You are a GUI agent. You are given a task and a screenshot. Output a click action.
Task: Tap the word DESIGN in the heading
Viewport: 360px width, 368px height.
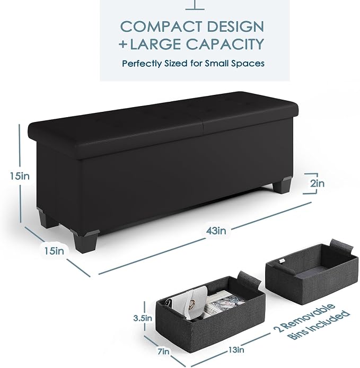(235, 27)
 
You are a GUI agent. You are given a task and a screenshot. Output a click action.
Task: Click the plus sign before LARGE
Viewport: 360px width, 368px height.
(123, 44)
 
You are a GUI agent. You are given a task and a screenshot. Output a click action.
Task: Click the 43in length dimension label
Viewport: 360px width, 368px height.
(216, 231)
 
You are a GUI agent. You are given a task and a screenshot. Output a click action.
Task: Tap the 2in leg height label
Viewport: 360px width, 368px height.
(317, 183)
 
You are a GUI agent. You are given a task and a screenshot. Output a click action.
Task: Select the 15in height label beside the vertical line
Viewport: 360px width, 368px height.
(20, 176)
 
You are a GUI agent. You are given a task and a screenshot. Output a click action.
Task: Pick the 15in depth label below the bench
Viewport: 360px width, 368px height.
(54, 251)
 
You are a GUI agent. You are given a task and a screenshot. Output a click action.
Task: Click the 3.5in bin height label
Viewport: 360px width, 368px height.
(143, 318)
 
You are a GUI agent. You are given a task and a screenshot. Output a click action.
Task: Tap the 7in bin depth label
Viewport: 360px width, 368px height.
(164, 352)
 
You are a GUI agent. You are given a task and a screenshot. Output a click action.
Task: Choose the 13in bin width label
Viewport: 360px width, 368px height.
(236, 350)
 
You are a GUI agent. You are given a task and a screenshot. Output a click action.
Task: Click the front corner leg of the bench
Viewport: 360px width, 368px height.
(85, 241)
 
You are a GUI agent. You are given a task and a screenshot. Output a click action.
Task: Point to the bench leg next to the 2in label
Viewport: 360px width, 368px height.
(282, 185)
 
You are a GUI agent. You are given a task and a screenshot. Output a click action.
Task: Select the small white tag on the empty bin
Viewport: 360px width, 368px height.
(282, 261)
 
